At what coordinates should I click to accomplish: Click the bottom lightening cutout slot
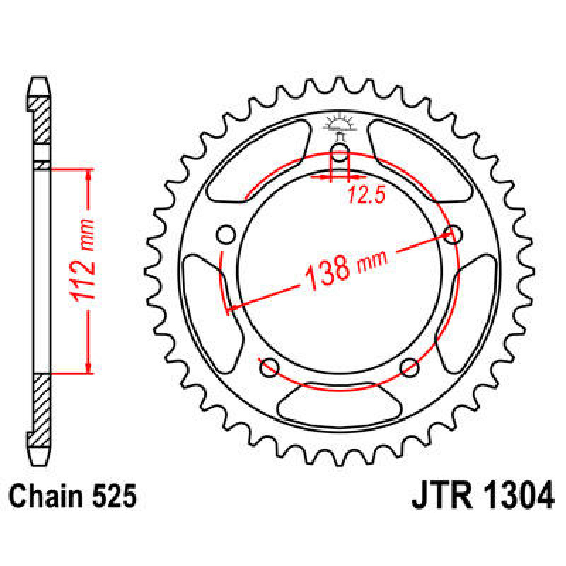340,406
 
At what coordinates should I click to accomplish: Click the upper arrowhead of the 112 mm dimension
88,175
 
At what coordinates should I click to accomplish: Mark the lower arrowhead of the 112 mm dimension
88,367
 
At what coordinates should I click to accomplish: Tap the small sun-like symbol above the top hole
340,124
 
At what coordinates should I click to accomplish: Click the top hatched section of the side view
42,120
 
